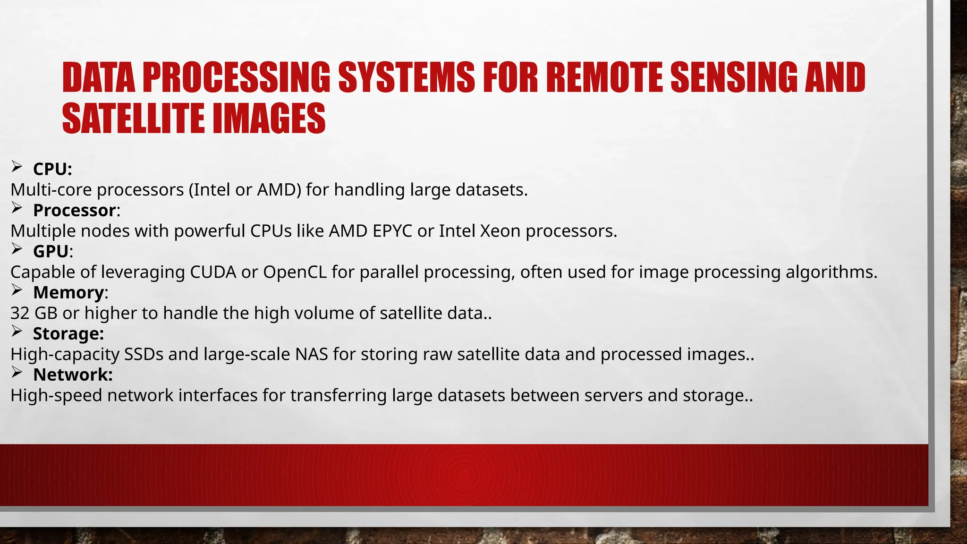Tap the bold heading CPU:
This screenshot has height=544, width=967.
tap(52, 169)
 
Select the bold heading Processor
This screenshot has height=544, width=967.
tap(75, 210)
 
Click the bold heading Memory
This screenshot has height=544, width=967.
tap(68, 292)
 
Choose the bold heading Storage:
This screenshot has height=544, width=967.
tap(68, 333)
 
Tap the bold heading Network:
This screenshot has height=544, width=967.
tap(73, 374)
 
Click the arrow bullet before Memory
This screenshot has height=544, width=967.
tap(17, 290)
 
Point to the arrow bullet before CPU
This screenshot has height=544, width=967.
tap(17, 166)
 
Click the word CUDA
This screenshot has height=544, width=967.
tap(213, 272)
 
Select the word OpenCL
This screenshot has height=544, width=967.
tap(295, 272)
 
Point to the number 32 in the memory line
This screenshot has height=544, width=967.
tap(20, 313)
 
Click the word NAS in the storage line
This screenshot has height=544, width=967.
tap(312, 354)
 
